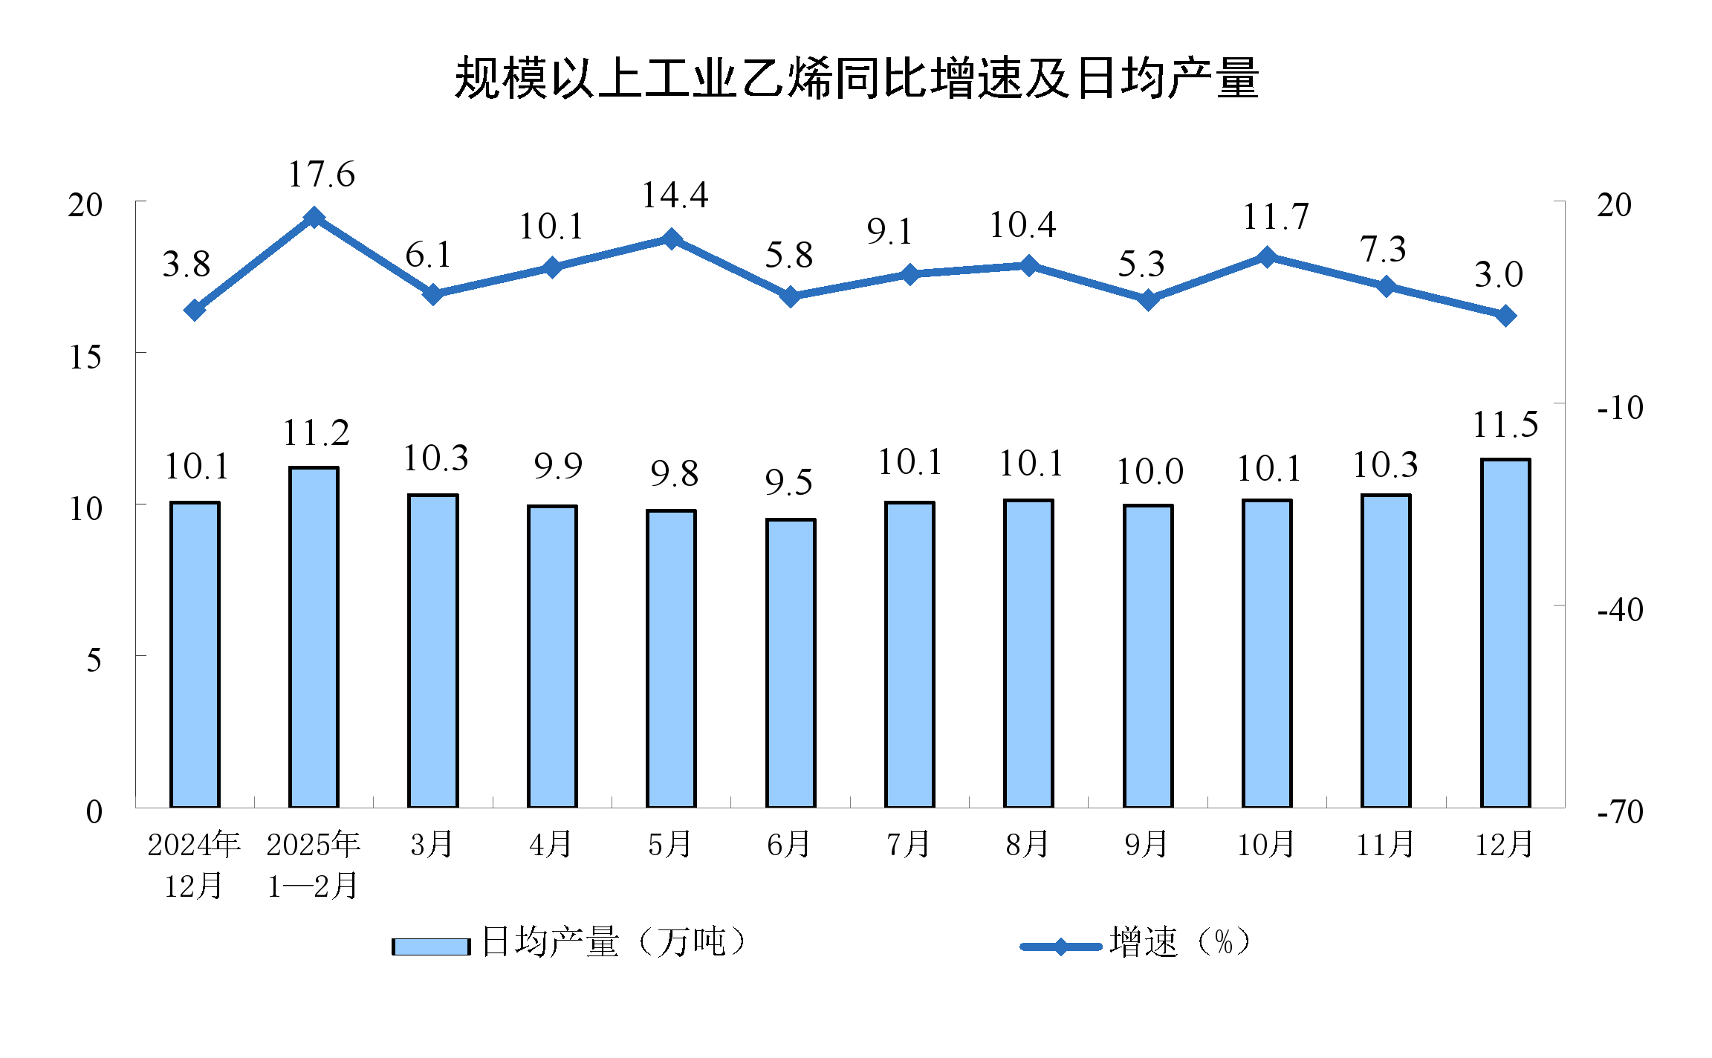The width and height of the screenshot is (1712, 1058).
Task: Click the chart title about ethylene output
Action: [856, 78]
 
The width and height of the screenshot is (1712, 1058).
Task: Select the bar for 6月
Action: [791, 663]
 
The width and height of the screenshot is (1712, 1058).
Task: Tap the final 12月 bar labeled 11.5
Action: [1505, 633]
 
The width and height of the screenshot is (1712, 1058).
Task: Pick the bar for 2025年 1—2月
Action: [314, 637]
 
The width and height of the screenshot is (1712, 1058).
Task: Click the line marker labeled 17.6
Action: [314, 218]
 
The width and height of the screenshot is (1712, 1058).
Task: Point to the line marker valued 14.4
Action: [672, 238]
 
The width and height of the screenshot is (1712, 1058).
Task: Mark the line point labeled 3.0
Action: [1505, 317]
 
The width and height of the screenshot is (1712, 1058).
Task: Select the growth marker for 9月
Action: [1148, 300]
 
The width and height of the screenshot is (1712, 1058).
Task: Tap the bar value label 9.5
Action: [789, 483]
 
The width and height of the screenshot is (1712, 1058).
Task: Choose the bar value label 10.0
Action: [1150, 472]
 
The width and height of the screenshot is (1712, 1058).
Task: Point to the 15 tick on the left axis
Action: [85, 357]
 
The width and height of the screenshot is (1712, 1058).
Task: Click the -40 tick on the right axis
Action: [1620, 610]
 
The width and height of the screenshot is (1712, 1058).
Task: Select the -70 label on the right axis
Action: [1620, 811]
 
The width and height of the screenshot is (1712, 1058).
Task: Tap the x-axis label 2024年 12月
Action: [194, 865]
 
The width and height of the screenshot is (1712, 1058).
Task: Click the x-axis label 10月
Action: [1265, 845]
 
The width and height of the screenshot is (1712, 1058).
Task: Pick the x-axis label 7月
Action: [908, 845]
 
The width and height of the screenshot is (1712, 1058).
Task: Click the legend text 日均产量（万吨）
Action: [614, 942]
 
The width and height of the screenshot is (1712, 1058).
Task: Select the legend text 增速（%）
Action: [1180, 942]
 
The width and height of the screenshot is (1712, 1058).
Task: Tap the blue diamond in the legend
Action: [1060, 947]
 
